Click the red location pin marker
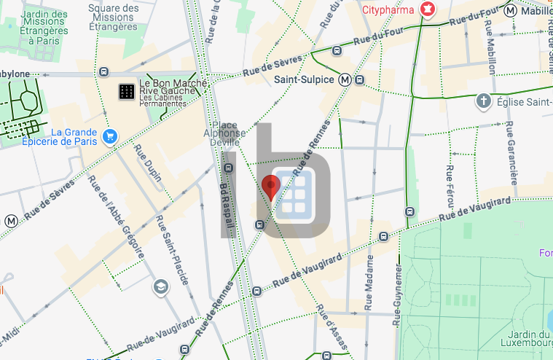click(271, 187)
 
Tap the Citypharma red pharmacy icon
click(428, 9)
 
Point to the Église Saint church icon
click(483, 101)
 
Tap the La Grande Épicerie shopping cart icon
click(110, 136)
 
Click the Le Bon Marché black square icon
click(126, 91)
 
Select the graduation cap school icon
click(159, 287)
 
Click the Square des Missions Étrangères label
click(113, 17)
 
